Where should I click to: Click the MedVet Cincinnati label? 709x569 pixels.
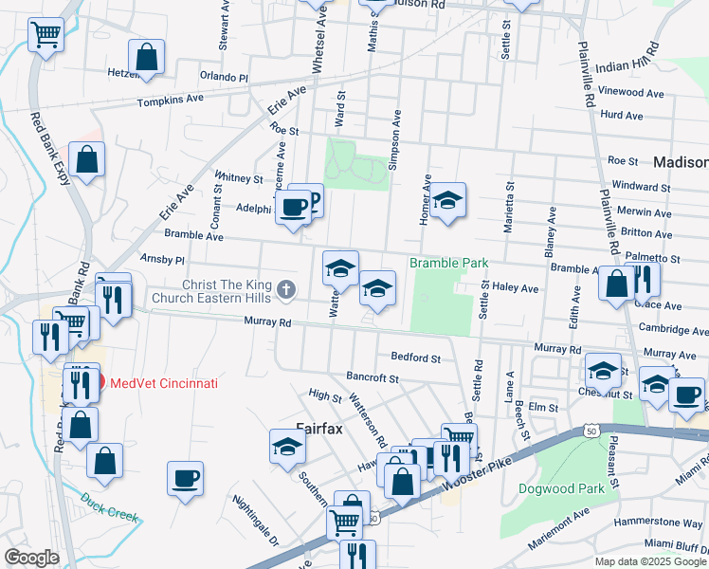point(163,383)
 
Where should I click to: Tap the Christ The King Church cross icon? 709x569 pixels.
point(283,287)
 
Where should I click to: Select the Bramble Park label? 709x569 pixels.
point(448,263)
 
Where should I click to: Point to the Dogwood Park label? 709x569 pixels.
point(561,489)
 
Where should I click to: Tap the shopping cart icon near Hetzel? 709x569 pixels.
point(45,35)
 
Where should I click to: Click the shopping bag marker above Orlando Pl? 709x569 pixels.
point(147,56)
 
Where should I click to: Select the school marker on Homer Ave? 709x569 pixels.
point(448,200)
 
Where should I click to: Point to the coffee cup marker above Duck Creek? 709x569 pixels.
point(186,477)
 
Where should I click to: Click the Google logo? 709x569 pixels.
point(31,558)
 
